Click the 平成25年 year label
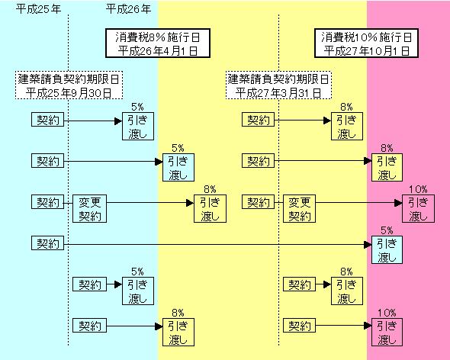pyautogui.click(x=38, y=9)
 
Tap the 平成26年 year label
pyautogui.click(x=128, y=9)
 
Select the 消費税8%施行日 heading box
pyautogui.click(x=158, y=43)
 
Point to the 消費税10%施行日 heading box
pyautogui.click(x=366, y=43)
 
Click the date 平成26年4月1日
pyautogui.click(x=158, y=51)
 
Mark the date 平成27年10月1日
pyautogui.click(x=367, y=51)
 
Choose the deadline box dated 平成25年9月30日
pyautogui.click(x=69, y=85)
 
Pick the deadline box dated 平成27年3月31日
pyautogui.click(x=278, y=85)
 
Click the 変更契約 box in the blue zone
pyautogui.click(x=89, y=209)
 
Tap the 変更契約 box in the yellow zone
pyautogui.click(x=299, y=209)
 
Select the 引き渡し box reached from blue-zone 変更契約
pyautogui.click(x=210, y=209)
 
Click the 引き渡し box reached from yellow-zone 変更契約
pyautogui.click(x=418, y=209)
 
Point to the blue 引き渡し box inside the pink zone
pyautogui.click(x=387, y=249)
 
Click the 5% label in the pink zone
pyautogui.click(x=387, y=230)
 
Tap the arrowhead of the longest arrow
pyautogui.click(x=368, y=245)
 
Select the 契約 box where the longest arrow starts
pyautogui.click(x=47, y=243)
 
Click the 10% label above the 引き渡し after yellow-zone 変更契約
pyautogui.click(x=418, y=189)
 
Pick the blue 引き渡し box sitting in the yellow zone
pyautogui.click(x=178, y=168)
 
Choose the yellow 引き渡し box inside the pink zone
pyautogui.click(x=387, y=168)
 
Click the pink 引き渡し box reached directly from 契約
pyautogui.click(x=387, y=332)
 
